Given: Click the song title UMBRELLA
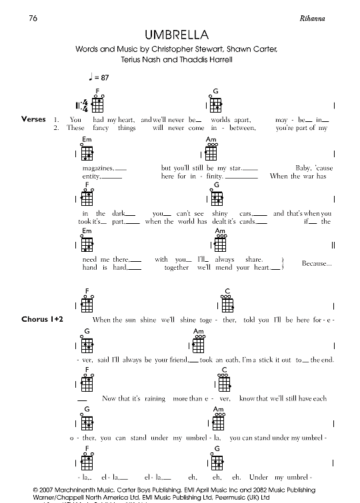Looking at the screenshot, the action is [167, 34].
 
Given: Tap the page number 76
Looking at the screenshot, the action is [33, 17].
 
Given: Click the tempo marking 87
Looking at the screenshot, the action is [100, 79].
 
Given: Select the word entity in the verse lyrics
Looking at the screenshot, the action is [90, 177].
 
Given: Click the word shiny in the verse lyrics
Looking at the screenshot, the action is [221, 213].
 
